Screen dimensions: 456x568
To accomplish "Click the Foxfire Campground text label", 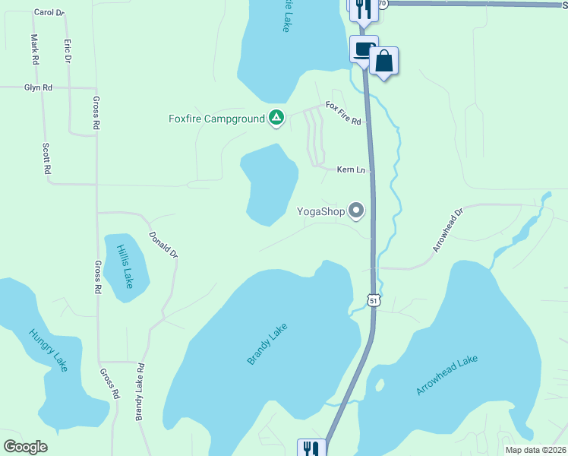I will tap(216, 119).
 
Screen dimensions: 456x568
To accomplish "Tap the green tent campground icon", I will tap(276, 118).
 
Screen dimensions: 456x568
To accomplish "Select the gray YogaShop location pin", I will tap(356, 211).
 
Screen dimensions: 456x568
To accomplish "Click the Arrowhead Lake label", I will tap(447, 375).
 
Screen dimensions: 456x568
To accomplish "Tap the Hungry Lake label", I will tap(49, 350).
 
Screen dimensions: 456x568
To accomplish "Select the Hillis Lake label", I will tap(125, 266).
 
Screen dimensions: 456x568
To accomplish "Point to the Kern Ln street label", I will tap(351, 170).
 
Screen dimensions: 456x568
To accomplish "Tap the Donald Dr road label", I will tap(163, 244).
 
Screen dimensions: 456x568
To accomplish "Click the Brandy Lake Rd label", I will tap(140, 391).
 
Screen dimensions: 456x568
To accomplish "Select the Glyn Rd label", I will tap(38, 88).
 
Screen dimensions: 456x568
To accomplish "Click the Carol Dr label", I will tap(49, 13).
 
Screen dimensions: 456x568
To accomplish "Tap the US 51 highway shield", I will tap(373, 301).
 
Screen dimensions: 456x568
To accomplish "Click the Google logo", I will tap(26, 447).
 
